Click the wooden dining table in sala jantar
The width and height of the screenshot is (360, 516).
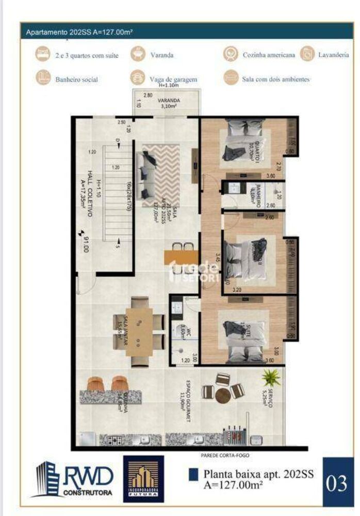pyautogui.click(x=139, y=331)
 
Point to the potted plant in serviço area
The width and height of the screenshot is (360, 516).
pyautogui.click(x=270, y=378)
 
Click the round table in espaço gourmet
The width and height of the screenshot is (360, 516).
pyautogui.click(x=223, y=395)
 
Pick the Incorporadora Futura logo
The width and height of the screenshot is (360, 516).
pyautogui.click(x=143, y=478)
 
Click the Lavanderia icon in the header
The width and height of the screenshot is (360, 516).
pyautogui.click(x=309, y=54)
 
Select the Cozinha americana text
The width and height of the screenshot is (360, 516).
pyautogui.click(x=269, y=54)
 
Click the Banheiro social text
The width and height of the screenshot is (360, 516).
pyautogui.click(x=76, y=80)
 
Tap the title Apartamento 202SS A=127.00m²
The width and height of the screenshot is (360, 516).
pyautogui.click(x=80, y=32)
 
